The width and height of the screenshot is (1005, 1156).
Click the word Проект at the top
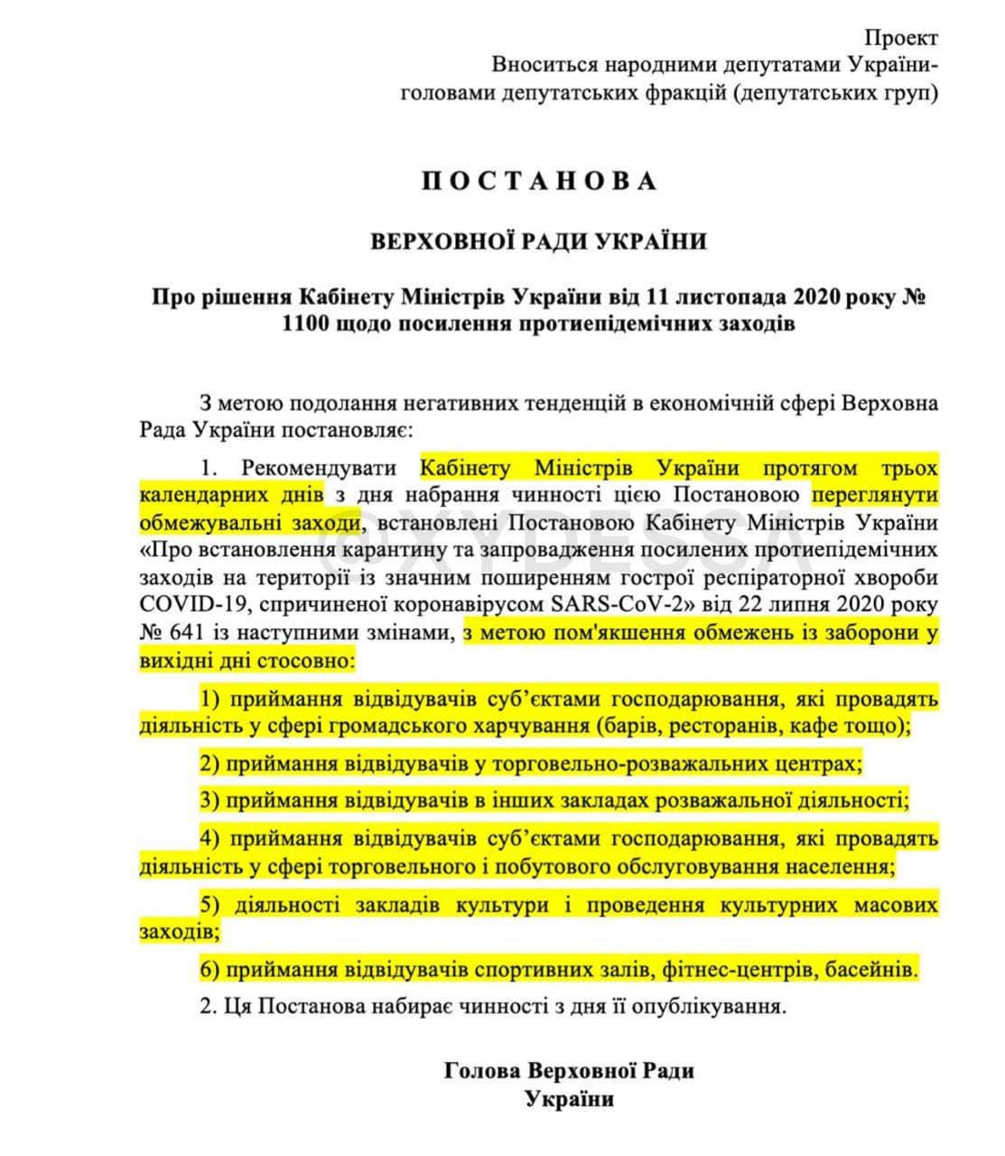[900, 38]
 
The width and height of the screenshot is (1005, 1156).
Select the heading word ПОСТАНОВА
[539, 181]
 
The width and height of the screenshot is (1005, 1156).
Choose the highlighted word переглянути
[874, 495]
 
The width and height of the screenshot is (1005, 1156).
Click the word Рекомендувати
[319, 469]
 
